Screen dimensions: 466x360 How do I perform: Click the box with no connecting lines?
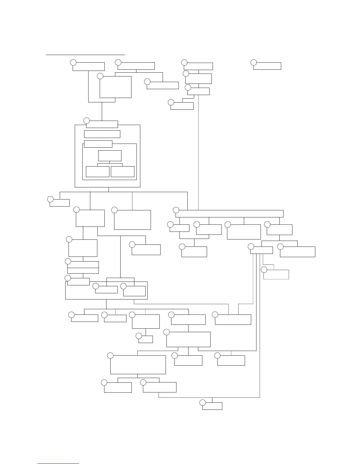coord(267,66)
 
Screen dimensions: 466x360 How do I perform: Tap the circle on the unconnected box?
coord(254,62)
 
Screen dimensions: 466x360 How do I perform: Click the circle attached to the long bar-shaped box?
coord(176,210)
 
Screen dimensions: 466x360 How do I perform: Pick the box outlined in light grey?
coord(276,274)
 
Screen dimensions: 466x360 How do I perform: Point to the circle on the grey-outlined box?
coord(264,269)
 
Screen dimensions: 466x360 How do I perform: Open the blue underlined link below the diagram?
coord(58,463)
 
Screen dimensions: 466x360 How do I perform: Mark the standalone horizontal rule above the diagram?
coord(85,54)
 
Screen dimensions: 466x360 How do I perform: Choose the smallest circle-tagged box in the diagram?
coord(146,339)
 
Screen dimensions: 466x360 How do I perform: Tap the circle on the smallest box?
coord(139,336)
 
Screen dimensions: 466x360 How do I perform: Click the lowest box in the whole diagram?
coord(212,406)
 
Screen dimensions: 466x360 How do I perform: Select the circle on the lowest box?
coord(202,402)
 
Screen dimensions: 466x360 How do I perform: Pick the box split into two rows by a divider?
coord(83,267)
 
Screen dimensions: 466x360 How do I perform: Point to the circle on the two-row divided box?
coord(68,261)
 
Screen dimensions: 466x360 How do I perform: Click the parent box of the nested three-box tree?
coord(110,156)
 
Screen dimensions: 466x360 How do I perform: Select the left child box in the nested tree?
coord(97,172)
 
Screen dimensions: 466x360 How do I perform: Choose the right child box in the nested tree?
coord(123,172)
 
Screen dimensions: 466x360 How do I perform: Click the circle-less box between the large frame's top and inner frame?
coord(102,134)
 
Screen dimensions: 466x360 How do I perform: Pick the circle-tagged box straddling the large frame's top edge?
coord(102,124)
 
